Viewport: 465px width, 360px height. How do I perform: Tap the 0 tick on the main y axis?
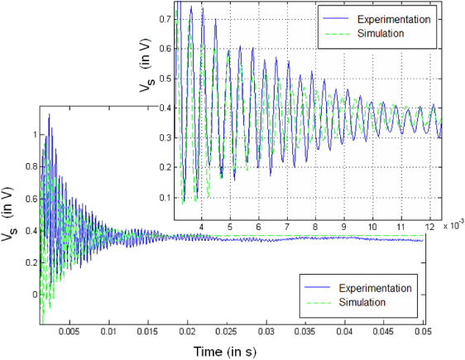tap(34, 294)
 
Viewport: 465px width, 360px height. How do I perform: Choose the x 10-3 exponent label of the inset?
tap(453, 223)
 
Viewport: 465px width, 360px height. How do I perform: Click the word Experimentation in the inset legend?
tap(391, 18)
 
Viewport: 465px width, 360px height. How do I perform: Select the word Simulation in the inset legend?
tap(380, 33)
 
